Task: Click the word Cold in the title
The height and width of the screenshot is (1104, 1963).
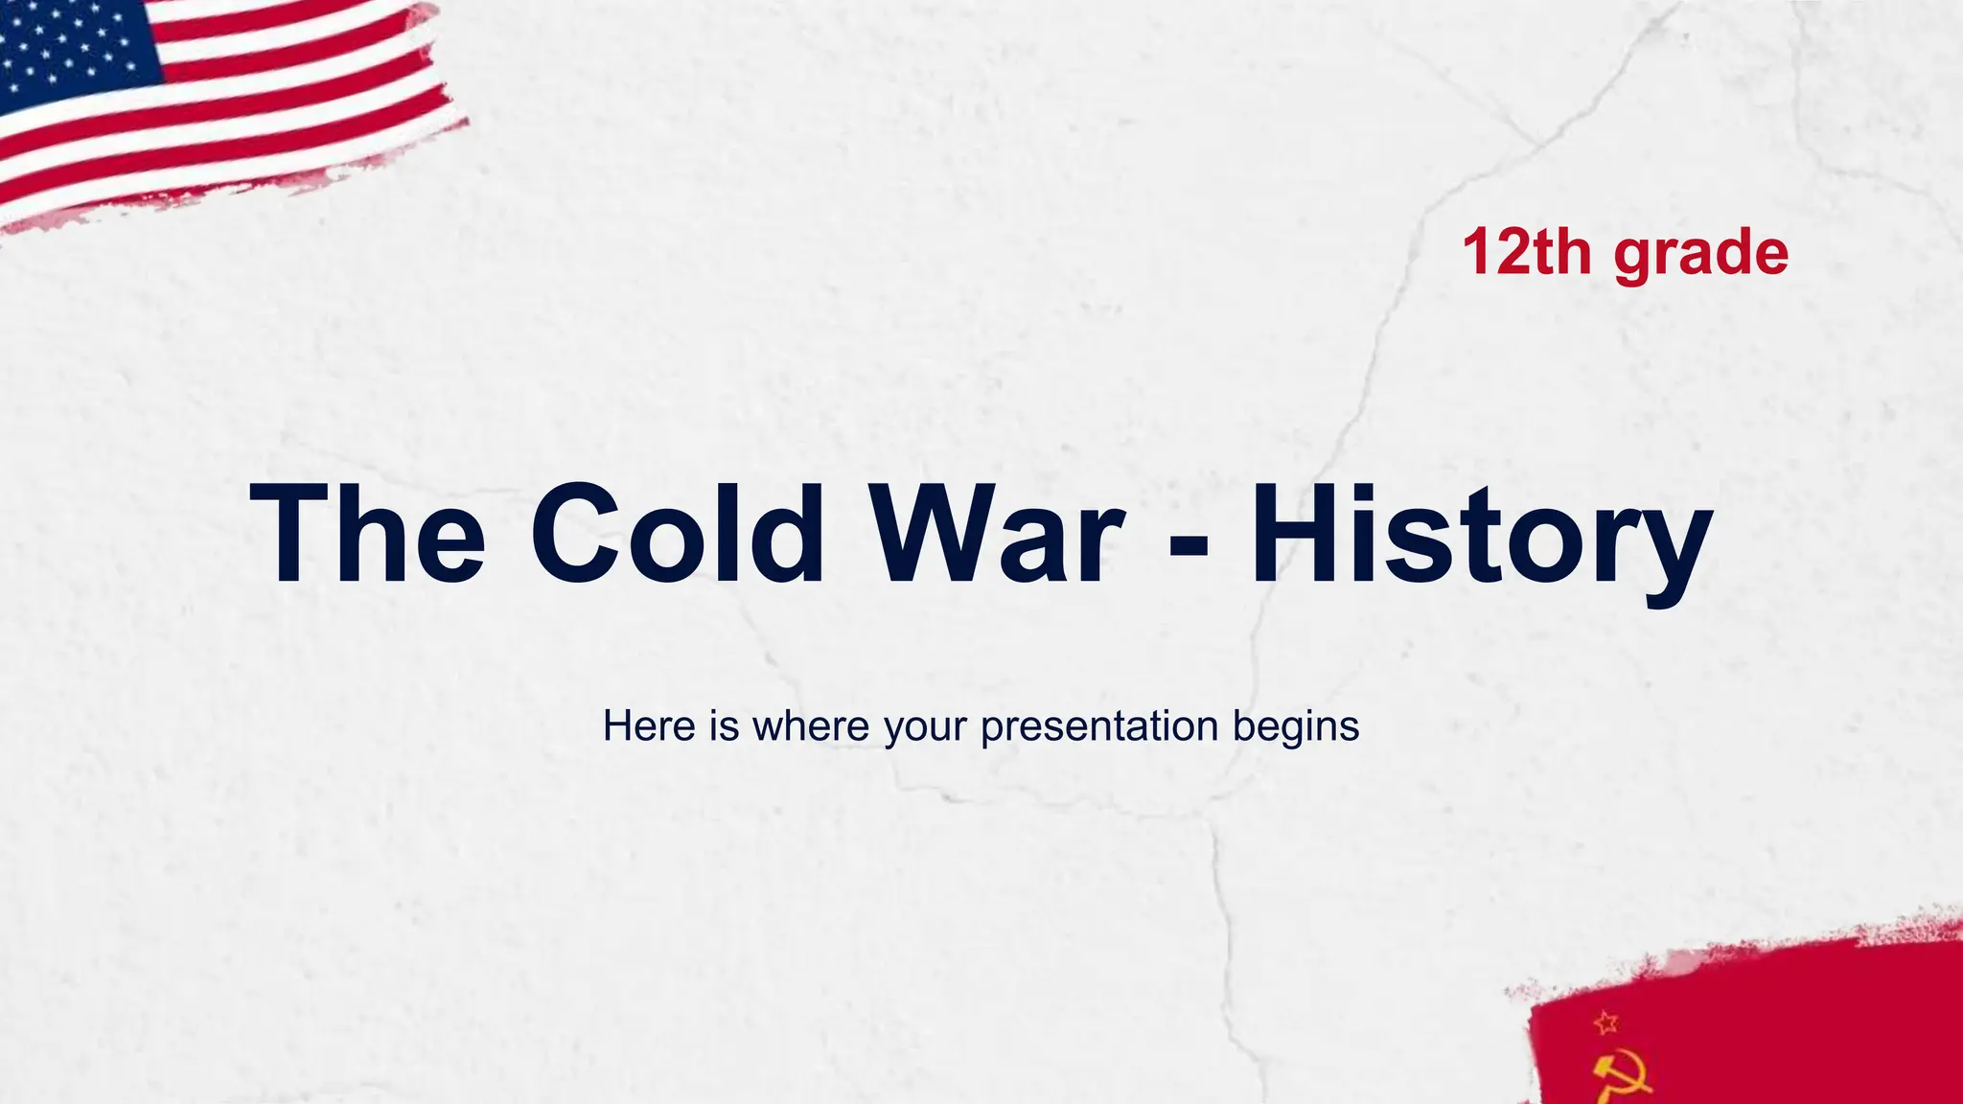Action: click(677, 533)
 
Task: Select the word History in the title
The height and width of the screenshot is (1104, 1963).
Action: click(1481, 533)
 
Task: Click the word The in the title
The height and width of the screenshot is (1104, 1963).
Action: click(367, 533)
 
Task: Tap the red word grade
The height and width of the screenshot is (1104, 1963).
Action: click(1700, 254)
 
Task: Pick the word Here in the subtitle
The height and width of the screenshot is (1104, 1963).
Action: click(649, 725)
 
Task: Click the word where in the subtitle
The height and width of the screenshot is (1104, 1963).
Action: click(812, 725)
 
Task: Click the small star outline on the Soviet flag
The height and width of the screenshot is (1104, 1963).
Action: click(1606, 1023)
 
